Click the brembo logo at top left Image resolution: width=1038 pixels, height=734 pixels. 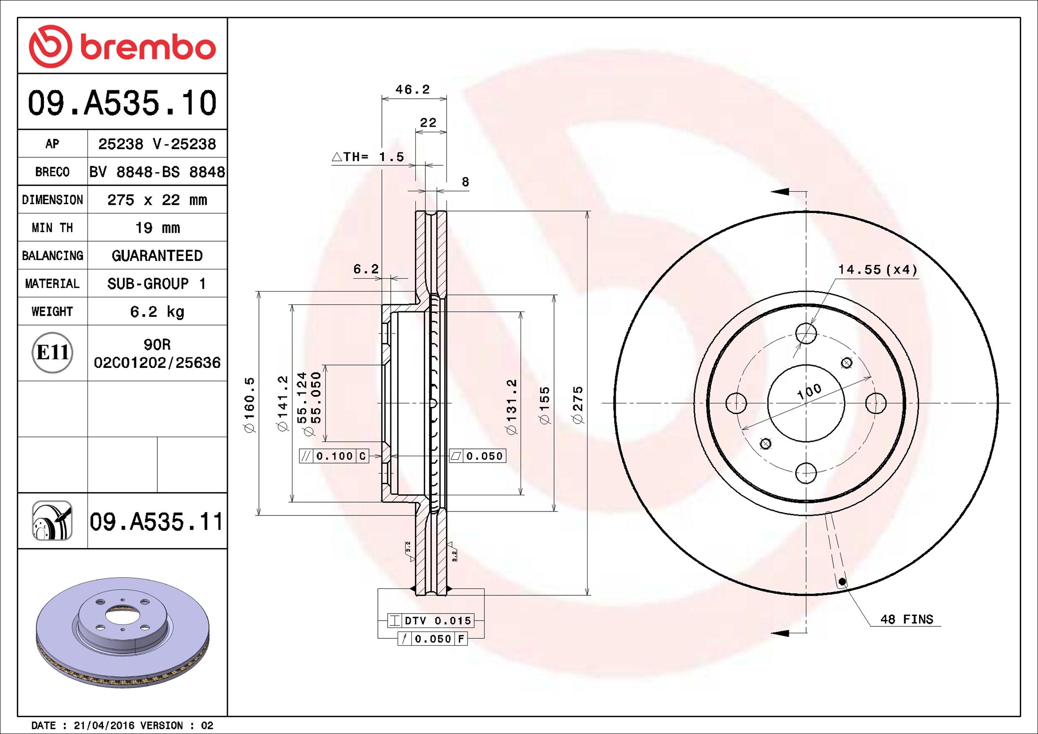coord(122,46)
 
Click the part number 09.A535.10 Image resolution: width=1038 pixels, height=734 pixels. coord(122,103)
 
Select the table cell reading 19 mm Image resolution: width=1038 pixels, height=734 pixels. coord(157,228)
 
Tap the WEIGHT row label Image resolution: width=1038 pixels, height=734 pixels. coord(52,312)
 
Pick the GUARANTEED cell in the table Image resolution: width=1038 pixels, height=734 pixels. coord(157,256)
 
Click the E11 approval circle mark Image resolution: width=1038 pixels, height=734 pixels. coord(52,353)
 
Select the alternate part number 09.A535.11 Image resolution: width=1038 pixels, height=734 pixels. coord(156,522)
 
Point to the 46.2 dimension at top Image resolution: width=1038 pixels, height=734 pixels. coord(412,90)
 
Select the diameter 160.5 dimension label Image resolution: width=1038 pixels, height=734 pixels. coord(250,405)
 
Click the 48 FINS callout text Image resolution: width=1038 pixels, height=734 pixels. coord(906,620)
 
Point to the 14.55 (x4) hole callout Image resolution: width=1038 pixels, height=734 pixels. coord(878,270)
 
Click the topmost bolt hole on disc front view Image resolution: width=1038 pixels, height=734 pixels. coord(806,334)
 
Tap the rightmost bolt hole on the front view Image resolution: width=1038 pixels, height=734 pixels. coord(876,403)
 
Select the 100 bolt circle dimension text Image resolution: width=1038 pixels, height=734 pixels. coord(809,392)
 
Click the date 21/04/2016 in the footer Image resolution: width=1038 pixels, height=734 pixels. coord(104,726)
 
